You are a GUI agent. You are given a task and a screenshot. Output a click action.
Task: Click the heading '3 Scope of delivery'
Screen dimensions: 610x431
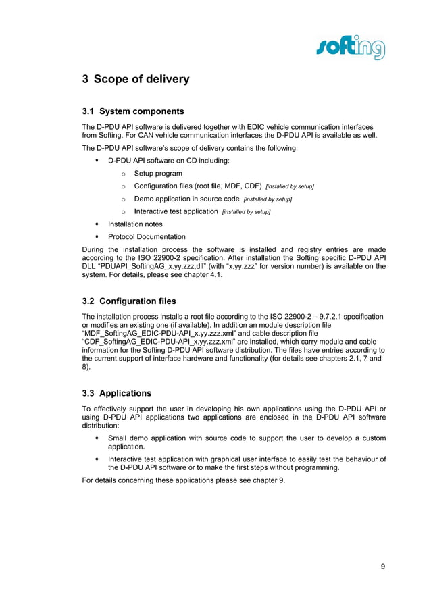[136, 80]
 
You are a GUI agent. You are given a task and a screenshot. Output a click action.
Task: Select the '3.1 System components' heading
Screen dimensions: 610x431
[133, 111]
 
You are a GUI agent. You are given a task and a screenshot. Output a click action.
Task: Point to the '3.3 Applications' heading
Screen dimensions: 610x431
[117, 393]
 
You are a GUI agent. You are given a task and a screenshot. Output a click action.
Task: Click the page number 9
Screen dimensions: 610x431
[383, 566]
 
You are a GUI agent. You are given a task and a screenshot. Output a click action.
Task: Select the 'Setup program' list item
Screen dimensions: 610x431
[158, 174]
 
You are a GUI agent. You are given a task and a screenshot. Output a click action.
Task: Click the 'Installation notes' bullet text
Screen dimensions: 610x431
[135, 224]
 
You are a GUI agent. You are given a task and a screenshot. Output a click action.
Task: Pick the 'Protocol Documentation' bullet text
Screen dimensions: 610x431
[147, 237]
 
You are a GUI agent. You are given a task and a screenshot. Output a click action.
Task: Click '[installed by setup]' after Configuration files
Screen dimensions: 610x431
[290, 186]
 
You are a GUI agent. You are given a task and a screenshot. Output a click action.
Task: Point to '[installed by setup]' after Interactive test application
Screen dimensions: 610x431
[246, 212]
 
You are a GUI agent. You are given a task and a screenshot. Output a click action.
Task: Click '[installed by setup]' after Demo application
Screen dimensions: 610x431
[268, 199]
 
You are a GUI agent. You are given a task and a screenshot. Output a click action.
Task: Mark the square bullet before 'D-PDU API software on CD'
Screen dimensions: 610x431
[97, 161]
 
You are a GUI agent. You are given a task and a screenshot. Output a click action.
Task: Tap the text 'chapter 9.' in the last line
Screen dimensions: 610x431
[268, 480]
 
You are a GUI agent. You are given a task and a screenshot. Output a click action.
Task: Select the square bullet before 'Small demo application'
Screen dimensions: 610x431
[97, 438]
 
